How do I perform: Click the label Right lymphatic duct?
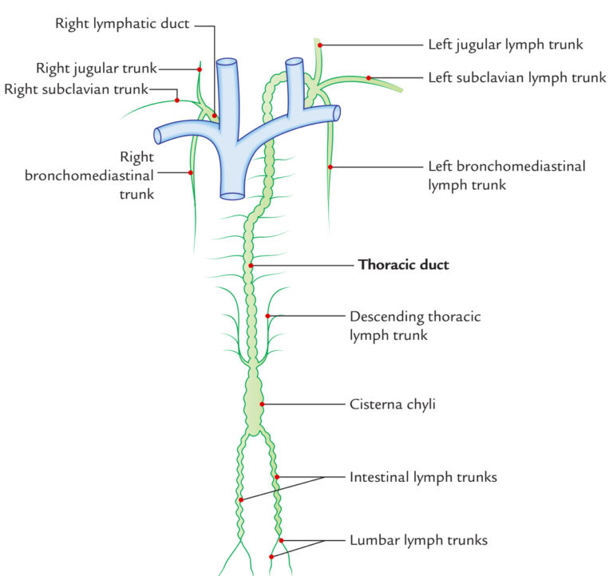click(x=121, y=23)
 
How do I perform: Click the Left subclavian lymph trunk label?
click(x=517, y=77)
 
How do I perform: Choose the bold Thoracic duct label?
click(x=403, y=265)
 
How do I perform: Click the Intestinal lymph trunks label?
click(x=423, y=478)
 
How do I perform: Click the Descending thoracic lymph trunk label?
click(x=415, y=325)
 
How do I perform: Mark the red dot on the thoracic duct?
click(x=251, y=265)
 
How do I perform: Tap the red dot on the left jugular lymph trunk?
click(x=320, y=45)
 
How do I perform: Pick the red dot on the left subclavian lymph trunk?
click(x=369, y=77)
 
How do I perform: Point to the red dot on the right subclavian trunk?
click(x=176, y=101)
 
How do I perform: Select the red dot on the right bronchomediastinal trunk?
click(x=190, y=172)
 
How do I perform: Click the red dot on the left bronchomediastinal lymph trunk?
click(x=330, y=167)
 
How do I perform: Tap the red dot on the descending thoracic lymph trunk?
click(x=269, y=317)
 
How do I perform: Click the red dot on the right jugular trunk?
click(x=199, y=69)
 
